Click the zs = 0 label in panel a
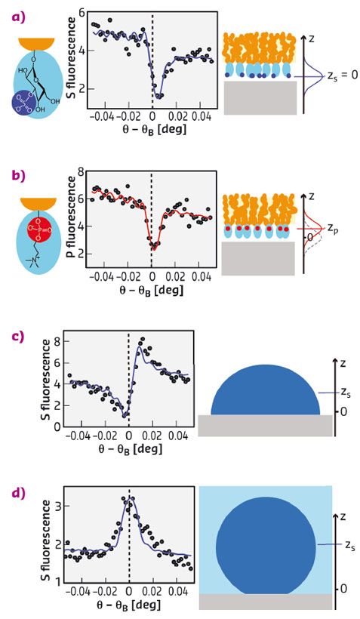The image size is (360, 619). pyautogui.click(x=338, y=76)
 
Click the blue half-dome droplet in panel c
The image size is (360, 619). pyautogui.click(x=265, y=393)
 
